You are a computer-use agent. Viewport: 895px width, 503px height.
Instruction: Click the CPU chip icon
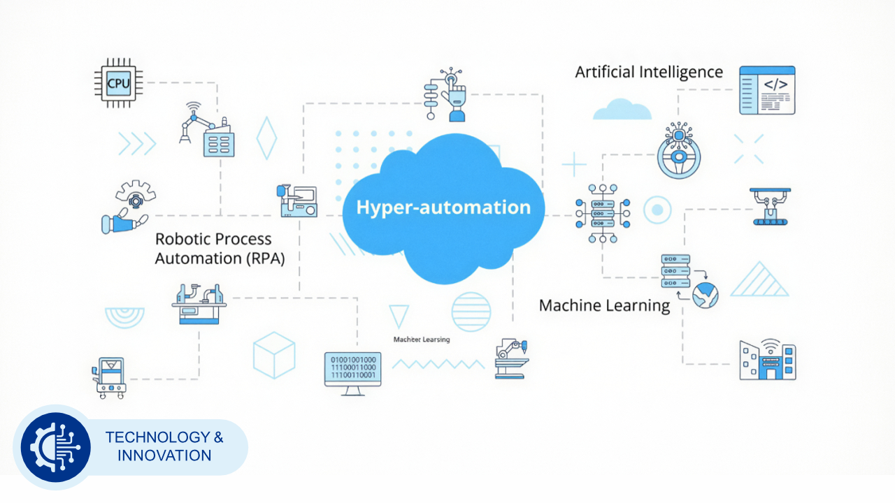coord(117,83)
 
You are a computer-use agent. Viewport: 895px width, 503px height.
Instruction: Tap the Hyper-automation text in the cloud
coord(443,207)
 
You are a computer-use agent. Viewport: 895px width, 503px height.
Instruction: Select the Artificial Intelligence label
coord(649,72)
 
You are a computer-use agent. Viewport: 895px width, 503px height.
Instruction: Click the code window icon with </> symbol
coord(767,89)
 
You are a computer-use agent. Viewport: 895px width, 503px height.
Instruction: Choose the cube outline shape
coord(274,355)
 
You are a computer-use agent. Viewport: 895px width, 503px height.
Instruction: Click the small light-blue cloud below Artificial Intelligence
coord(622,109)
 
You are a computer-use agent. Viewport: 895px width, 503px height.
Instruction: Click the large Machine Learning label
coord(604,305)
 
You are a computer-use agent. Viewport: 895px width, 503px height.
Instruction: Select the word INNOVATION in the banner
coord(164,455)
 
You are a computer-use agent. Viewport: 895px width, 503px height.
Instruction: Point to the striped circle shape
coord(471,312)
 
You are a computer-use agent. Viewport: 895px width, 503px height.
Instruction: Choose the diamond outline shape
coord(266,138)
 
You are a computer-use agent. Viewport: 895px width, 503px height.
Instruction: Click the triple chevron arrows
coord(136,143)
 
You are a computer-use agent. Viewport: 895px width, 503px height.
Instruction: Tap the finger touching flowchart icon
coord(445,94)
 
